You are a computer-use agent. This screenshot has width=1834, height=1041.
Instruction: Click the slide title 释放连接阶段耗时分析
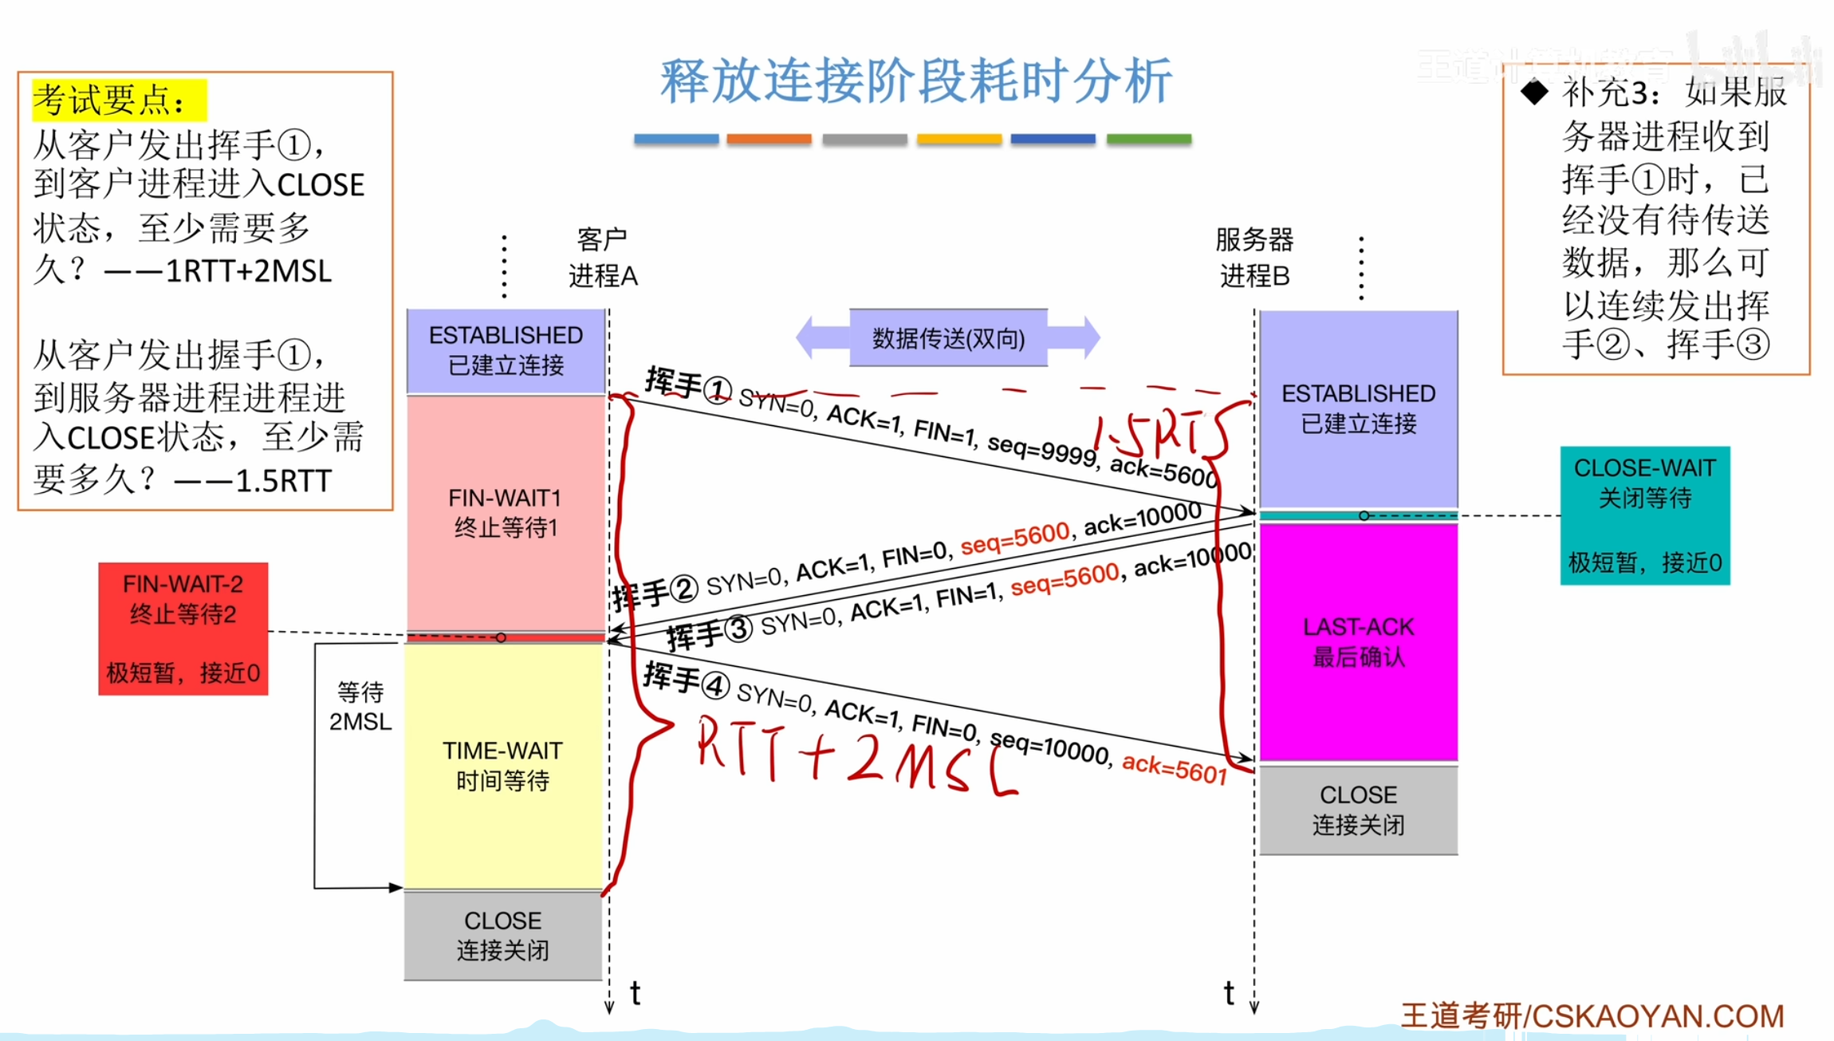tap(915, 81)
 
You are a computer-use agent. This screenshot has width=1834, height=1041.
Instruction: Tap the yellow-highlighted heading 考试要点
tap(118, 101)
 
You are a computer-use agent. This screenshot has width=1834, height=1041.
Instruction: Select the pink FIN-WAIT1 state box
tap(506, 512)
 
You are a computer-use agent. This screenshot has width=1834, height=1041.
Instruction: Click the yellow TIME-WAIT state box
tap(503, 766)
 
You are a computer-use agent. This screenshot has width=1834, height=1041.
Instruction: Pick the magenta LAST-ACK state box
tap(1358, 641)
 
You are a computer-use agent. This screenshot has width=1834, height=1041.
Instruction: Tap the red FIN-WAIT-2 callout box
tap(183, 629)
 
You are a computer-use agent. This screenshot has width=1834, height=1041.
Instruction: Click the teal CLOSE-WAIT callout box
tap(1644, 515)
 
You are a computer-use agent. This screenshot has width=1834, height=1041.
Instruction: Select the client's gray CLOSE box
tap(503, 935)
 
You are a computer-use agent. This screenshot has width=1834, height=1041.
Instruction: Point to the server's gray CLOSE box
tap(1358, 810)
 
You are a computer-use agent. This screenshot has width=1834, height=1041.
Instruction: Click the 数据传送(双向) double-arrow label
tap(948, 338)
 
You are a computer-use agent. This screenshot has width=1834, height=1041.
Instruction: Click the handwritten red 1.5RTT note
tap(1160, 435)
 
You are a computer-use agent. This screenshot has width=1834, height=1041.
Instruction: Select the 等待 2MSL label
tap(360, 707)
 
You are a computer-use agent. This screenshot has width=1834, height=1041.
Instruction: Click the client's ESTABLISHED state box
tap(506, 350)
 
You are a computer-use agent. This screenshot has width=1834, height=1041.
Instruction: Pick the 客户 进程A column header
tap(603, 257)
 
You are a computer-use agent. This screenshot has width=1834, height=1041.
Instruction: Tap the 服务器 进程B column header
tap(1254, 257)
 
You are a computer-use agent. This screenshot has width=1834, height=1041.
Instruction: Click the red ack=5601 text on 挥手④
tap(1174, 768)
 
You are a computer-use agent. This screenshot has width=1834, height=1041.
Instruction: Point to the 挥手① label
tap(687, 384)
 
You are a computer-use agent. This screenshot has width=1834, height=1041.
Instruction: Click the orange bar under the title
tap(769, 140)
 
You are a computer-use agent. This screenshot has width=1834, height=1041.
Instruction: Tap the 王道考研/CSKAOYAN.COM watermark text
tap(1592, 1016)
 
